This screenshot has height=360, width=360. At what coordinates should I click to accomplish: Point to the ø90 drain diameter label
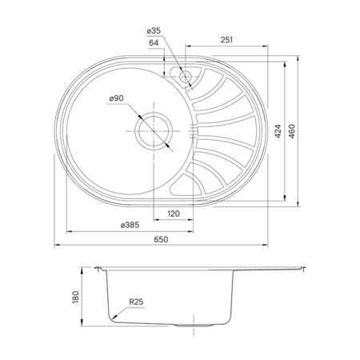[117, 98]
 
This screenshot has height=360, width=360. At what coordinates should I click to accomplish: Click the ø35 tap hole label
[154, 32]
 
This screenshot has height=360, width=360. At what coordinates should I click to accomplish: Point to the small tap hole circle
[186, 77]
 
